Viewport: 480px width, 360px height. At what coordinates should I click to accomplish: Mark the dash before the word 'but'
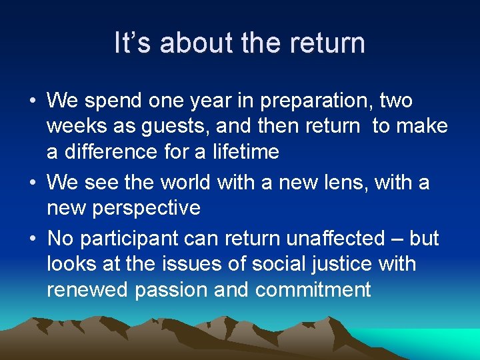[397, 239]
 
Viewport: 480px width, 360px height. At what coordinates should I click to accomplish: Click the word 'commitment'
[313, 290]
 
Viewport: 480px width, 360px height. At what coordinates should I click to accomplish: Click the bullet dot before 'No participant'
[33, 239]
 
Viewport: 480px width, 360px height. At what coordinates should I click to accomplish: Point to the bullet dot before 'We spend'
[33, 102]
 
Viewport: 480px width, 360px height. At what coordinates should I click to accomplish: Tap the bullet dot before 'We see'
[33, 183]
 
